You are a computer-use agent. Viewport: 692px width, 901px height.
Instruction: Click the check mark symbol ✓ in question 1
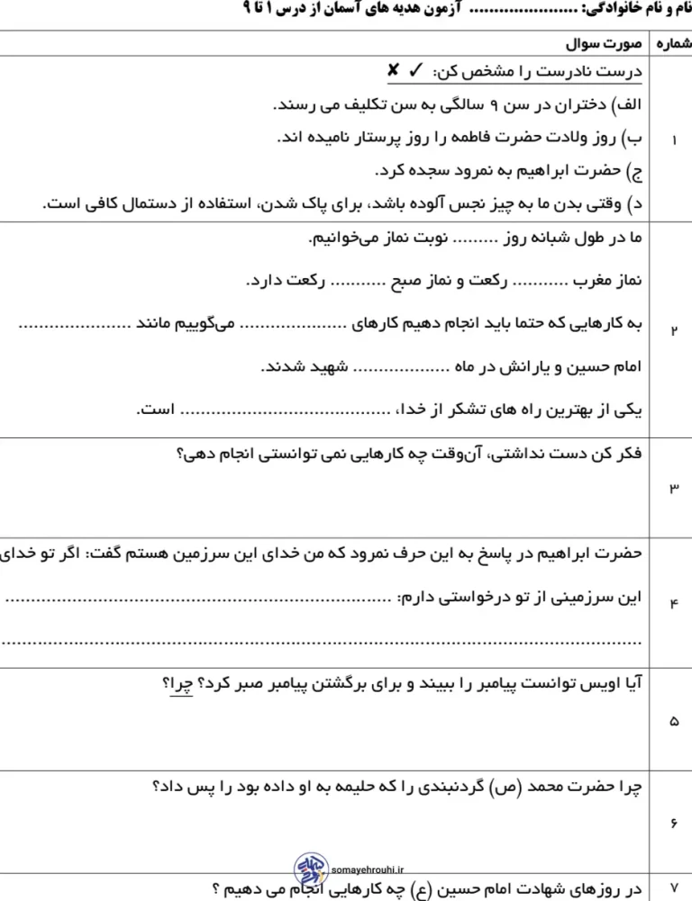[x=417, y=70]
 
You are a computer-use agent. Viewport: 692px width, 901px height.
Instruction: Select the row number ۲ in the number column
[x=674, y=329]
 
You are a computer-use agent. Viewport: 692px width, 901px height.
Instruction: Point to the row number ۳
[x=674, y=487]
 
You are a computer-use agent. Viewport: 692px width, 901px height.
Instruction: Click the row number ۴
[x=674, y=603]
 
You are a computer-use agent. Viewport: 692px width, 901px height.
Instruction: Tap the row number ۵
[x=674, y=721]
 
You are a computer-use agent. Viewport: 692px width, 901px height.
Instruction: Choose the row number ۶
[x=674, y=824]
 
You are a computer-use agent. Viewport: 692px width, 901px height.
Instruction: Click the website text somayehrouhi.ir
[x=369, y=870]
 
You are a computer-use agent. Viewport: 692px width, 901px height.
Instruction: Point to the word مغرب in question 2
[x=596, y=281]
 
